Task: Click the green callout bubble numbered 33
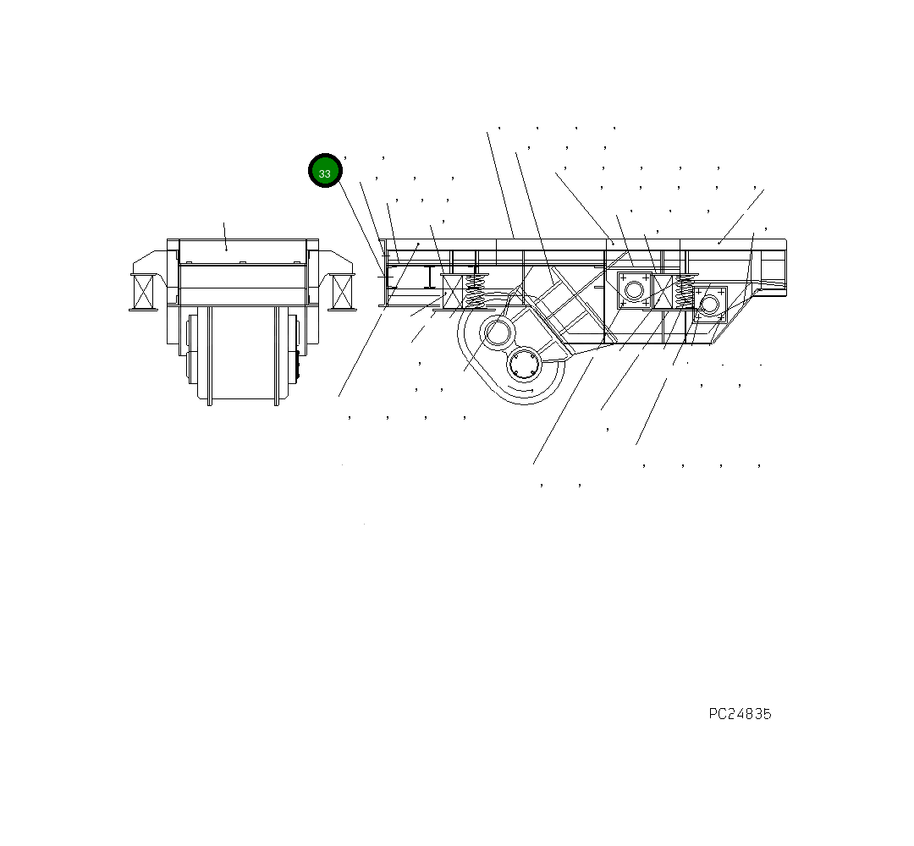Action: (x=325, y=171)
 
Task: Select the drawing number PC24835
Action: (x=740, y=714)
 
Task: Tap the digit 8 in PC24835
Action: (x=748, y=714)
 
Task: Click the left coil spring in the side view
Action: (x=476, y=291)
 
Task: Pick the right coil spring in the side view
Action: (x=684, y=291)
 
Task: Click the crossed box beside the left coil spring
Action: (x=453, y=292)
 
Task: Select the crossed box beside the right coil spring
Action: (x=662, y=290)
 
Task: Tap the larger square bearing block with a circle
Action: (x=633, y=290)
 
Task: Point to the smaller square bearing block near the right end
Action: (x=709, y=304)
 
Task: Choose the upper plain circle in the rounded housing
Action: (x=497, y=332)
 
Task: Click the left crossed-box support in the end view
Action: (x=144, y=291)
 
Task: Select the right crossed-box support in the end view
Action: (x=342, y=291)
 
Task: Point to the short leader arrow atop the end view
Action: (x=225, y=237)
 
